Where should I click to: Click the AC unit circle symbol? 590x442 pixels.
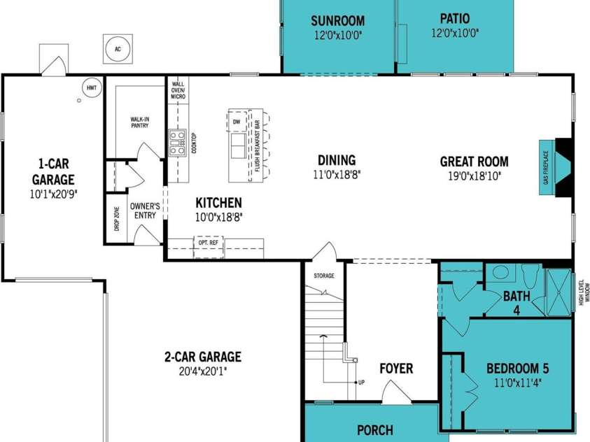point(118,49)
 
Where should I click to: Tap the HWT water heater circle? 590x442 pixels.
point(92,88)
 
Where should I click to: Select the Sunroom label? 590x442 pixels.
point(337,21)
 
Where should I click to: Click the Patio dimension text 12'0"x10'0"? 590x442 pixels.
point(454,34)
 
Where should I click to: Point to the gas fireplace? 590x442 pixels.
point(556,168)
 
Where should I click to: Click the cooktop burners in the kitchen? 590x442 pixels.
point(177,143)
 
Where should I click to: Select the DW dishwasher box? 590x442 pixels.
point(237,122)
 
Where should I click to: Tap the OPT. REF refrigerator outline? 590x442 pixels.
point(209,247)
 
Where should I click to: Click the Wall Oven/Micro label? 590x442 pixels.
point(178,90)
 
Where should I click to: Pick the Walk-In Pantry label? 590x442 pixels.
point(140,122)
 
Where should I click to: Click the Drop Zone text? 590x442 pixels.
point(116,218)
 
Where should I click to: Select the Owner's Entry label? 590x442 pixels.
point(145,211)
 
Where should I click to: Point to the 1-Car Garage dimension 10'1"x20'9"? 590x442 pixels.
point(53,194)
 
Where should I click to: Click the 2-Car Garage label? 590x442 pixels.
point(203,357)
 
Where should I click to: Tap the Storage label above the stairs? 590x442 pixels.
point(324,276)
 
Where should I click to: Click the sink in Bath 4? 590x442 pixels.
point(501,273)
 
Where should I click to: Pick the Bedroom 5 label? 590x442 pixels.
point(518,369)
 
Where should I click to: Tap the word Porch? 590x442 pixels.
point(375,430)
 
